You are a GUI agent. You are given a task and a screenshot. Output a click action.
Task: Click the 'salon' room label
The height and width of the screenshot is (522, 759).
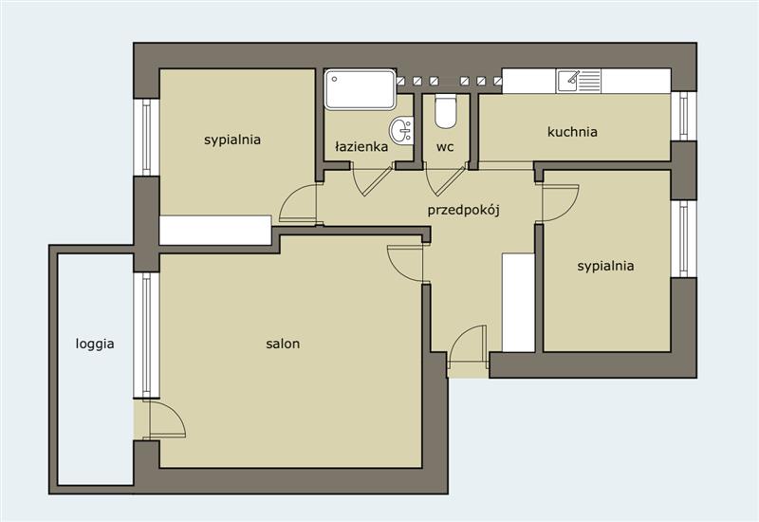tap(283, 344)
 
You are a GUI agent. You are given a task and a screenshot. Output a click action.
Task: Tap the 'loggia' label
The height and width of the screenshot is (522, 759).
tap(95, 345)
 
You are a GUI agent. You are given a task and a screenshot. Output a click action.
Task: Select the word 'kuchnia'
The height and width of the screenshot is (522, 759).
tap(572, 132)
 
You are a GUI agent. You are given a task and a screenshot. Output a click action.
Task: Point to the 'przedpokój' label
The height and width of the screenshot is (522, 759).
tap(463, 211)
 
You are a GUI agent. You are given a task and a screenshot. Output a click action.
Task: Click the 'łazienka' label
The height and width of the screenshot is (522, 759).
tap(361, 147)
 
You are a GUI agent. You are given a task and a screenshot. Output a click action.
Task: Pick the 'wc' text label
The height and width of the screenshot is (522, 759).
tap(445, 147)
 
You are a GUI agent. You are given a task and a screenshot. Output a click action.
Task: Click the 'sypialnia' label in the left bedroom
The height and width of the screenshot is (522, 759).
tap(232, 140)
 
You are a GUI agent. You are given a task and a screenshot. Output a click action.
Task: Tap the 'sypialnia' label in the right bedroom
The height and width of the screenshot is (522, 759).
tap(605, 267)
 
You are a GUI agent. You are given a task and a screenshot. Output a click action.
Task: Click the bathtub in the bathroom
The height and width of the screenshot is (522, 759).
tap(361, 89)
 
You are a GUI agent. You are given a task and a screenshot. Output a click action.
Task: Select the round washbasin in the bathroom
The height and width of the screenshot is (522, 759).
tap(401, 130)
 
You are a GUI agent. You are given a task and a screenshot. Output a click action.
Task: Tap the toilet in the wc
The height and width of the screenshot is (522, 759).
tap(445, 111)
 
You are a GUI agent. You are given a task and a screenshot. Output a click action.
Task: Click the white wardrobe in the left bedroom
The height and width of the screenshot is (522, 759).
tap(215, 231)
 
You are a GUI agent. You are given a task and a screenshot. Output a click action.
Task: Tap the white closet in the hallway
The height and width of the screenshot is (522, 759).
tap(518, 302)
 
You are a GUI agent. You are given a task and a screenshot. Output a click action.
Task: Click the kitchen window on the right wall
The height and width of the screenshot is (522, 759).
tap(683, 116)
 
